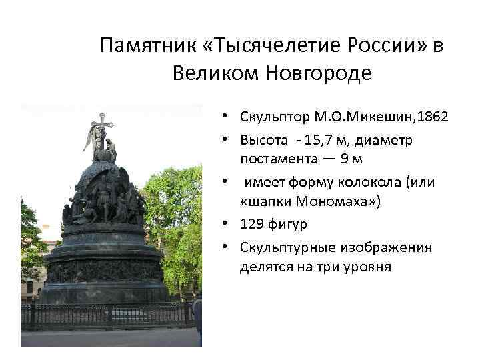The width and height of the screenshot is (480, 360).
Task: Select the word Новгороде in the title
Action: point(319,73)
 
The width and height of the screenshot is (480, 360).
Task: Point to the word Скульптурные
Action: point(288,248)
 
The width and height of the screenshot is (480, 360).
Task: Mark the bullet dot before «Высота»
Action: point(227,140)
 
